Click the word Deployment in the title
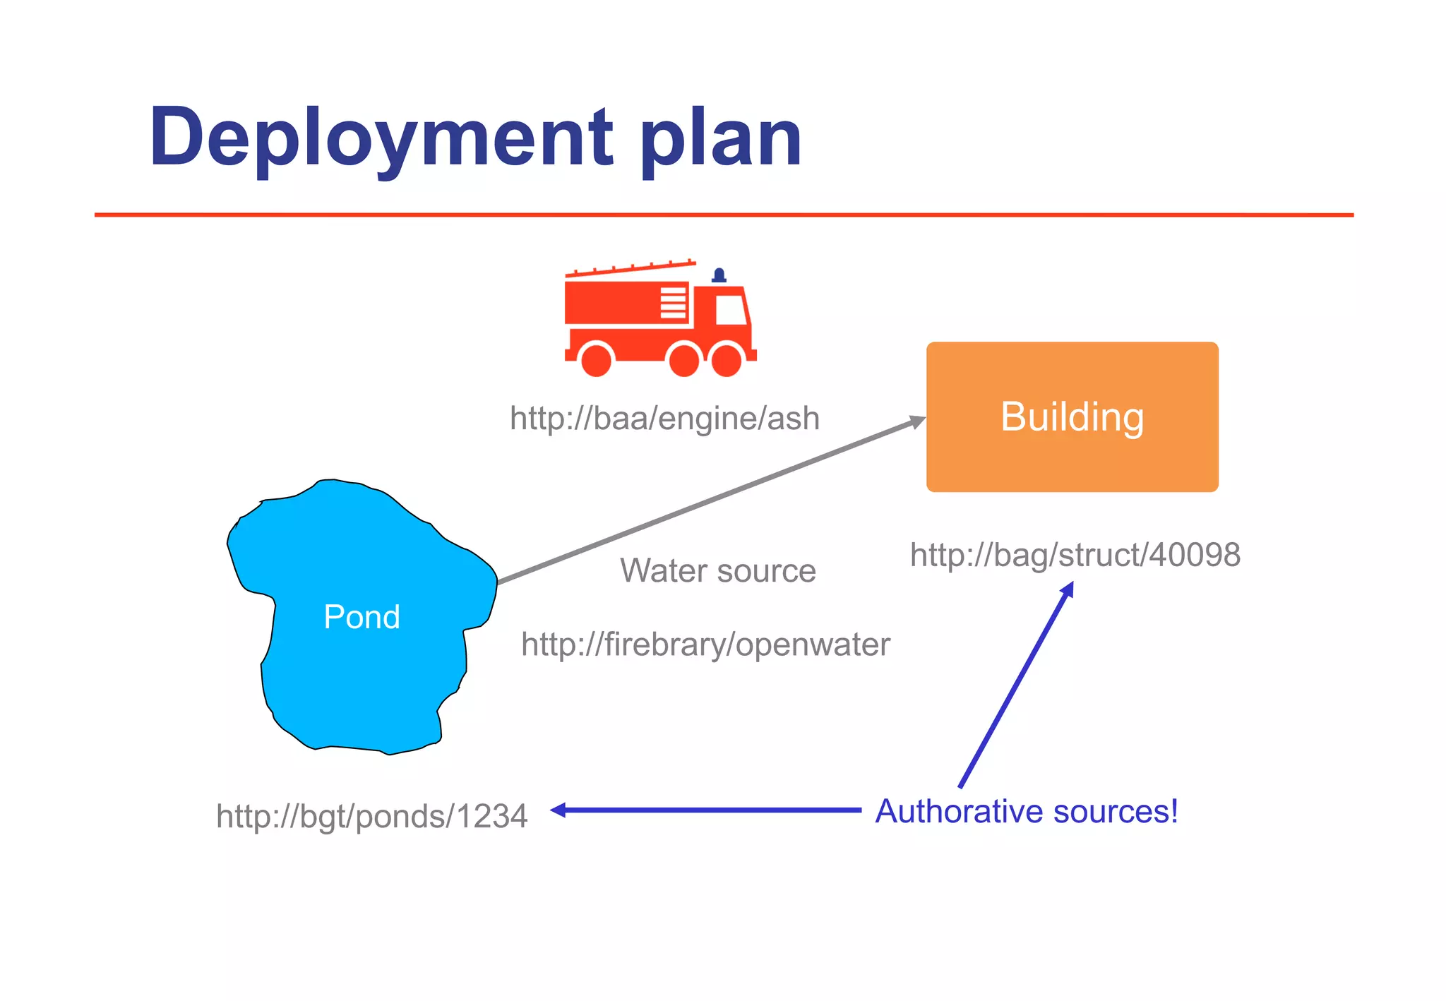(x=381, y=138)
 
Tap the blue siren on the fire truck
(x=719, y=275)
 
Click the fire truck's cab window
(x=731, y=309)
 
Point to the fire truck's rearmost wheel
(x=597, y=359)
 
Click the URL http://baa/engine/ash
(x=664, y=418)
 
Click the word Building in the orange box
(x=1072, y=416)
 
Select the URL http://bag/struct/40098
(x=1075, y=555)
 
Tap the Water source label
(x=717, y=570)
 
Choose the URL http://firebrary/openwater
(x=705, y=645)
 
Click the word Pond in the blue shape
(x=361, y=617)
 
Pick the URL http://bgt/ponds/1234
(x=371, y=816)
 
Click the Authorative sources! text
(x=1027, y=811)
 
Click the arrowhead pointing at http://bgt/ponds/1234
(x=558, y=810)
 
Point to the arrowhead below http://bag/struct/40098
(x=1068, y=589)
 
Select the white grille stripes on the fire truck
(x=673, y=303)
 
